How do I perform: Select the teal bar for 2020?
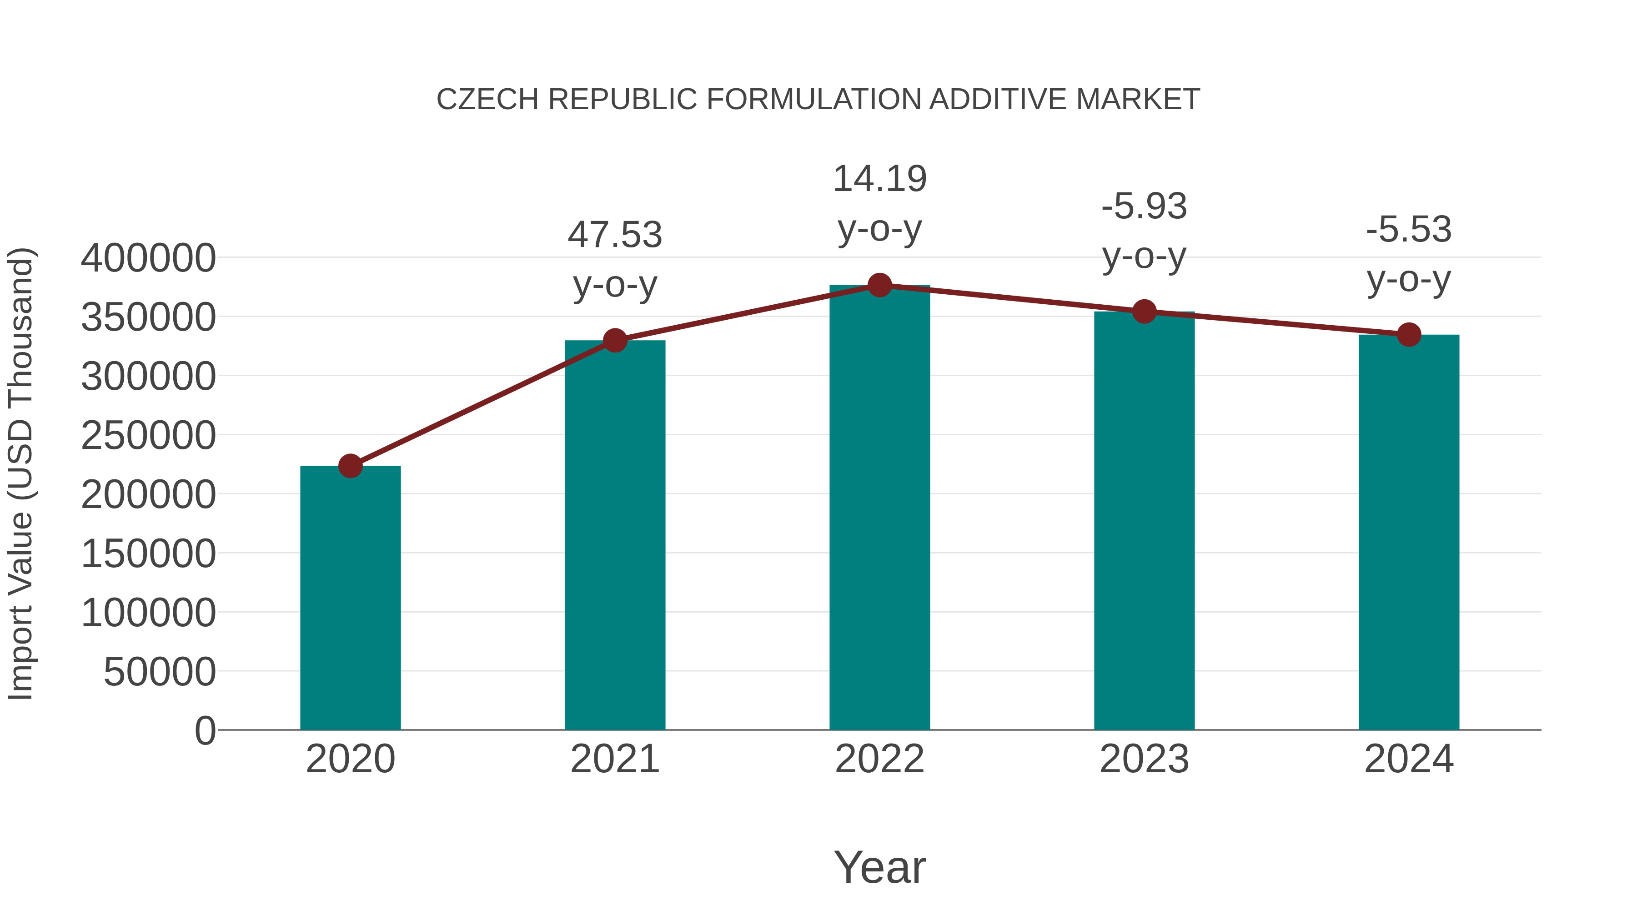(x=350, y=598)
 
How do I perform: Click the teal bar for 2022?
(x=879, y=508)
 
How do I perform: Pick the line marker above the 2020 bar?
(x=350, y=466)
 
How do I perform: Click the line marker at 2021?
(x=614, y=341)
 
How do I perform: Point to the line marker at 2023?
(x=1144, y=312)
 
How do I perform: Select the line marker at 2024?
(x=1409, y=334)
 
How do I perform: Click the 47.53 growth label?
(x=614, y=235)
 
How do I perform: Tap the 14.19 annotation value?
(x=879, y=179)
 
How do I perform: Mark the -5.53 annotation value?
(x=1409, y=230)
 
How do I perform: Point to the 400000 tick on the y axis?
(x=148, y=259)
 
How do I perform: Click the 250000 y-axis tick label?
(x=148, y=436)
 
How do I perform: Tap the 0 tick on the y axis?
(x=205, y=731)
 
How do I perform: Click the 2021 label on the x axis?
(x=614, y=759)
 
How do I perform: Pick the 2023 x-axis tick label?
(x=1144, y=759)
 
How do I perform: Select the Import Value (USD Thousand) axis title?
(x=21, y=474)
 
